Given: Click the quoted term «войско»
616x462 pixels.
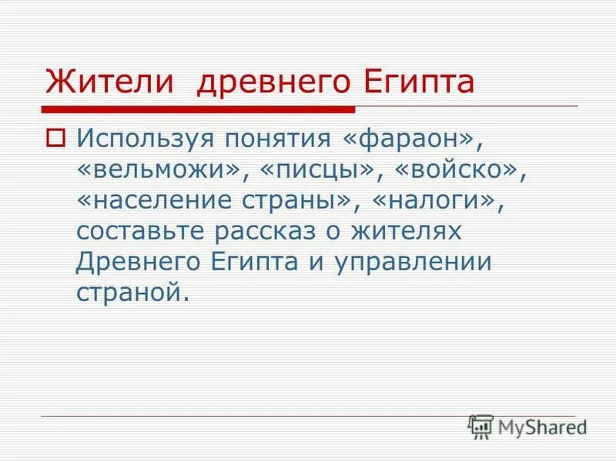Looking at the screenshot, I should (x=450, y=170).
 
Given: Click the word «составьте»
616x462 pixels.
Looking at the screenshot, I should (x=146, y=232).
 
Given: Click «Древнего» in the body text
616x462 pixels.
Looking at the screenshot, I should (x=138, y=262).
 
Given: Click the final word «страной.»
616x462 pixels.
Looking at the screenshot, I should (x=132, y=293).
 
